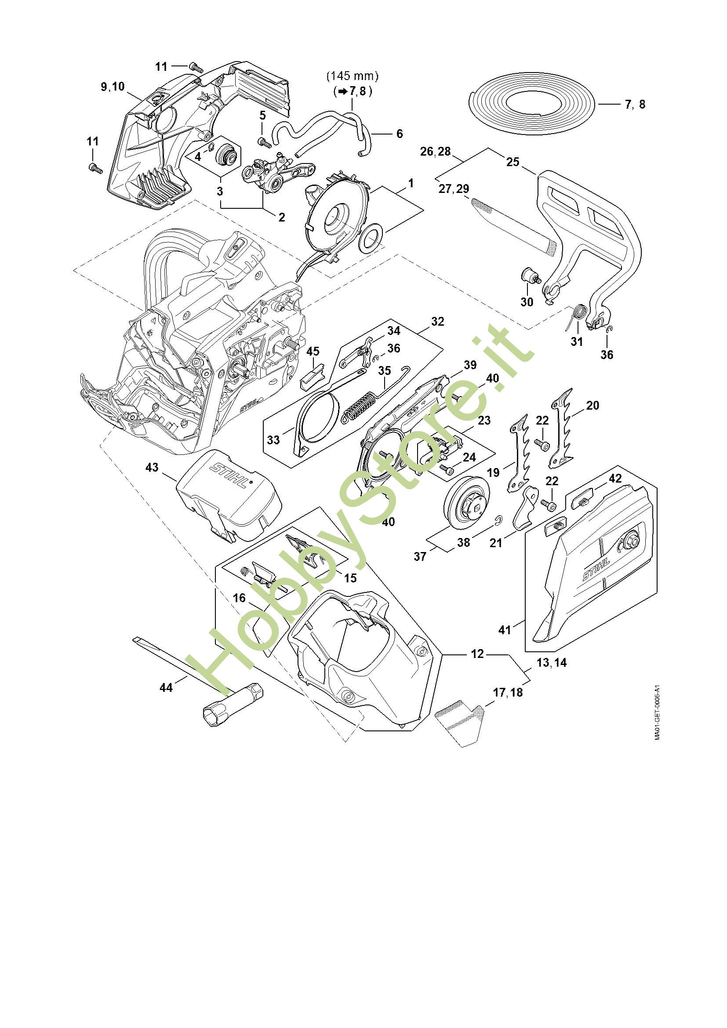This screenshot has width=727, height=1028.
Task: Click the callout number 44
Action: [x=166, y=687]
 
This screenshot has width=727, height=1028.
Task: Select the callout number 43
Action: [x=152, y=467]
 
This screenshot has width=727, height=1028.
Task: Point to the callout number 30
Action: [x=527, y=302]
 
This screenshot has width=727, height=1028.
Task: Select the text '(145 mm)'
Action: [x=353, y=76]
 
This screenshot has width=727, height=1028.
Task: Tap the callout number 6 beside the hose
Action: [x=399, y=134]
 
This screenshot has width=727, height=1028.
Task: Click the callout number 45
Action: [x=313, y=351]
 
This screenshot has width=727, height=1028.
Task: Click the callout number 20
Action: [x=592, y=405]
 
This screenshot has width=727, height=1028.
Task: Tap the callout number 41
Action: [x=505, y=629]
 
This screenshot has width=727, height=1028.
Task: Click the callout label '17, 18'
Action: [x=508, y=692]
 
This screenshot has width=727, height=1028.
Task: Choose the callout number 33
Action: [x=273, y=440]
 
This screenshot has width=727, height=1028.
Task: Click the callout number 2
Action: [x=281, y=217]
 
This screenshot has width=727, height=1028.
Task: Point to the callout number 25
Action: [x=513, y=162]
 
